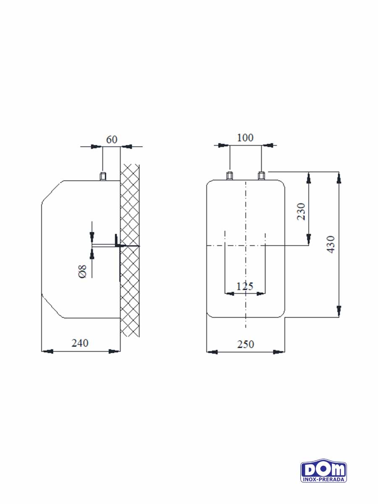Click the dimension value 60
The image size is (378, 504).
112,139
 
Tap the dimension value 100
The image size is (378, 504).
245,138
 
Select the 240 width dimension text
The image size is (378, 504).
80,343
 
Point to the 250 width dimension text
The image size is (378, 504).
246,344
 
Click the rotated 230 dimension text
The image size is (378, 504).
301,212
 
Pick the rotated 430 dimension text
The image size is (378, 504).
331,244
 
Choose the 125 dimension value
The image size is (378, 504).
245,286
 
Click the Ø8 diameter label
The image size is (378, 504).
82,271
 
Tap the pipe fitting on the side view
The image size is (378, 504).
103,176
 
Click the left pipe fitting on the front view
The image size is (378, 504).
229,176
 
